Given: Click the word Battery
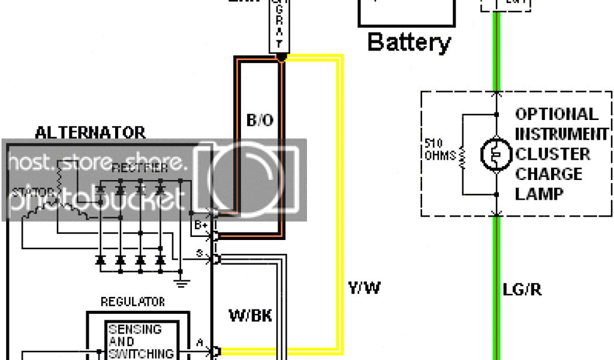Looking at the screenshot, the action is (408, 43).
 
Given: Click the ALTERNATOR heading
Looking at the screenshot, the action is (90, 133).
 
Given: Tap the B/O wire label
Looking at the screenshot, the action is (260, 120).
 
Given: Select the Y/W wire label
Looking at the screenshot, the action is (364, 289).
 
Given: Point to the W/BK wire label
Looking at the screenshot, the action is (251, 316).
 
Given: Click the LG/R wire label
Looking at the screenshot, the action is (522, 290).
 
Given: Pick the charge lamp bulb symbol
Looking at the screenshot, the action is (496, 154).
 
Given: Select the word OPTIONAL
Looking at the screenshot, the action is (556, 114).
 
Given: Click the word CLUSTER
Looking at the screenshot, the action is (552, 154).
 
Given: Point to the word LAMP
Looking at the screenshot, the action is (539, 194).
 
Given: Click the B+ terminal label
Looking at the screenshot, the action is (200, 226).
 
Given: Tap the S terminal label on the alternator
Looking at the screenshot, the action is (199, 255).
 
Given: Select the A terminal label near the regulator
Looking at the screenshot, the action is (199, 343).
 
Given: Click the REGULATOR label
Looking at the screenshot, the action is (133, 301).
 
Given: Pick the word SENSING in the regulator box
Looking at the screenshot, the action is (134, 329).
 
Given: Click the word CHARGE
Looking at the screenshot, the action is (549, 174).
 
